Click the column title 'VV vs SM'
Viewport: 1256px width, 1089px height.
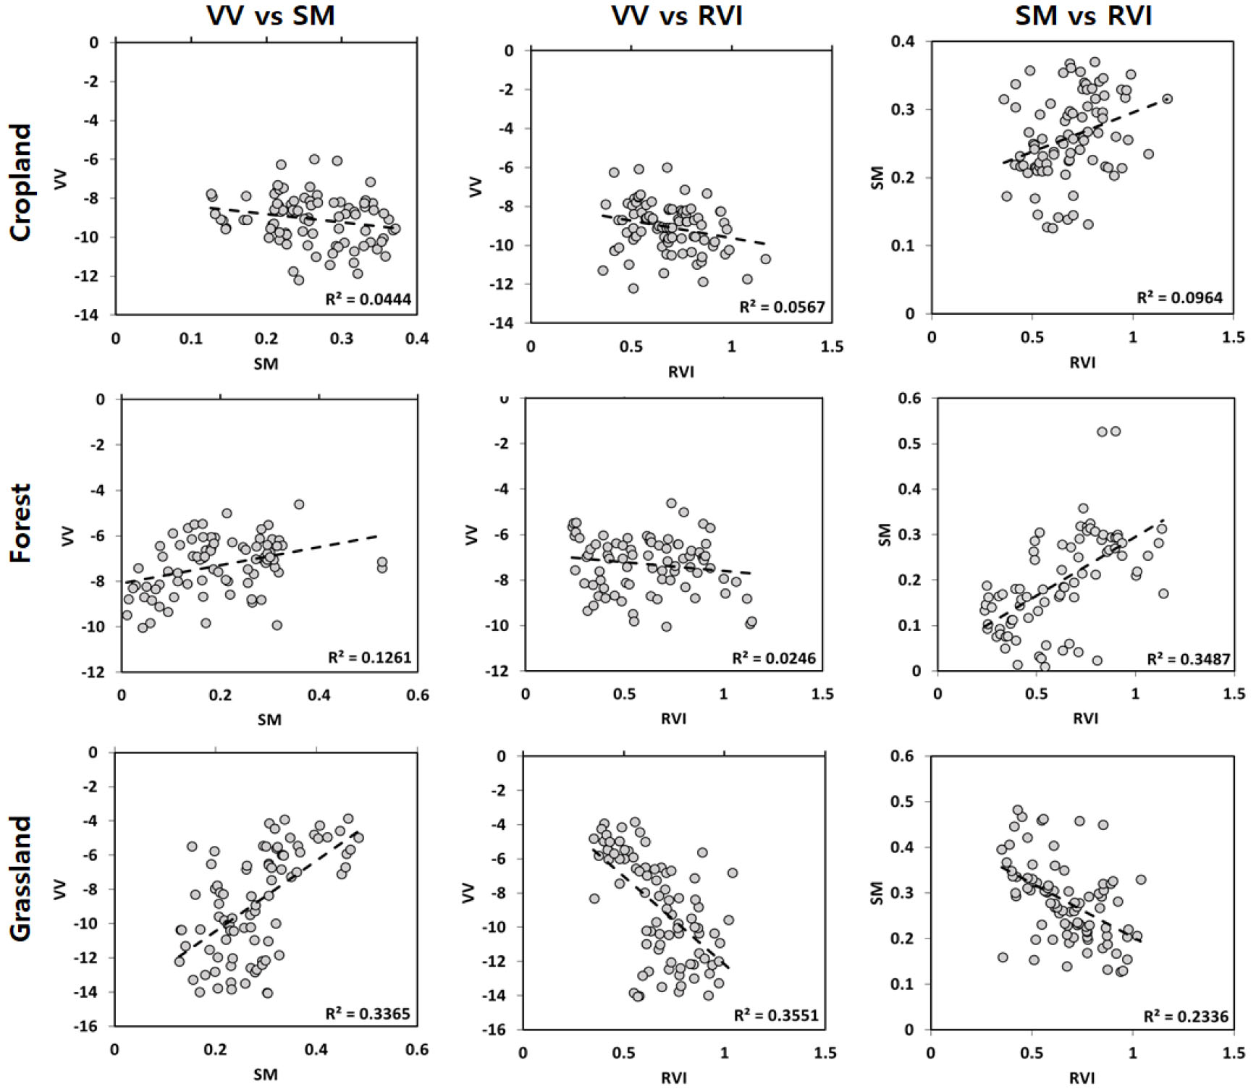click(x=271, y=15)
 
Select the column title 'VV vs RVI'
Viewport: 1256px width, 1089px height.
click(x=677, y=15)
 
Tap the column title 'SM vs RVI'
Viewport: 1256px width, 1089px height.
click(x=1083, y=15)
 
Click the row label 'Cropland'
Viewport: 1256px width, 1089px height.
click(x=21, y=182)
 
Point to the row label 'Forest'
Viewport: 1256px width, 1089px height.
click(x=21, y=522)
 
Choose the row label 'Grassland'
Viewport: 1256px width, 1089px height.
click(x=21, y=878)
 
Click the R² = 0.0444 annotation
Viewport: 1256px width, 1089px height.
click(x=368, y=298)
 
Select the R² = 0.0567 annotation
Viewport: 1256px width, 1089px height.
click(x=782, y=307)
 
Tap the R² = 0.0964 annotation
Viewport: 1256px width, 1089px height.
click(x=1179, y=297)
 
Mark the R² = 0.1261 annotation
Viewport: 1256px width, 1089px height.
click(x=369, y=657)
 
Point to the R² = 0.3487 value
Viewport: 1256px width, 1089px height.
click(x=1189, y=658)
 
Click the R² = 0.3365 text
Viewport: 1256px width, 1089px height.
click(x=368, y=1013)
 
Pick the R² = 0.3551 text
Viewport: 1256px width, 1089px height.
click(x=776, y=1015)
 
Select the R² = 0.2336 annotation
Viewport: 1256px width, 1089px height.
click(x=1186, y=1016)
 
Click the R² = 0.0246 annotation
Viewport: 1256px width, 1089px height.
click(x=774, y=658)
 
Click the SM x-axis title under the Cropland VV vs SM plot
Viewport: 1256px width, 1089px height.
click(x=266, y=364)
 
